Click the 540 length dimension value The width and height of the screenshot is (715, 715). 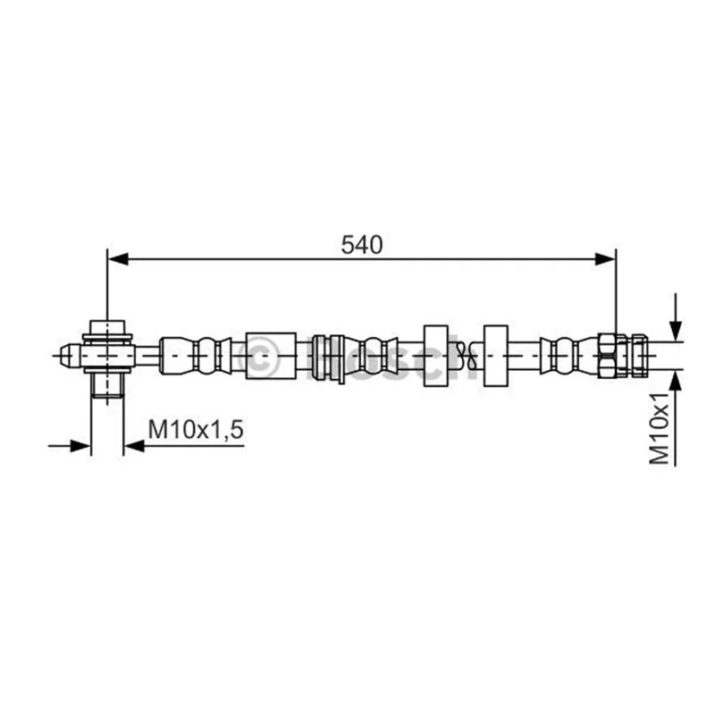pyautogui.click(x=362, y=245)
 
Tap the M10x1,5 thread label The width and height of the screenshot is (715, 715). pyautogui.click(x=196, y=429)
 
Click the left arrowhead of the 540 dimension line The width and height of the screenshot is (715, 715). pyautogui.click(x=118, y=259)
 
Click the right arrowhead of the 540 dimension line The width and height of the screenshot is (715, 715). pyautogui.click(x=606, y=259)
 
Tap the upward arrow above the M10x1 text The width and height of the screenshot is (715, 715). pyautogui.click(x=676, y=417)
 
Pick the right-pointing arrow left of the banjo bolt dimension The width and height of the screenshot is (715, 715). pyautogui.click(x=70, y=446)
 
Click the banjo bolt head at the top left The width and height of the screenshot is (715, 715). pyautogui.click(x=107, y=327)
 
